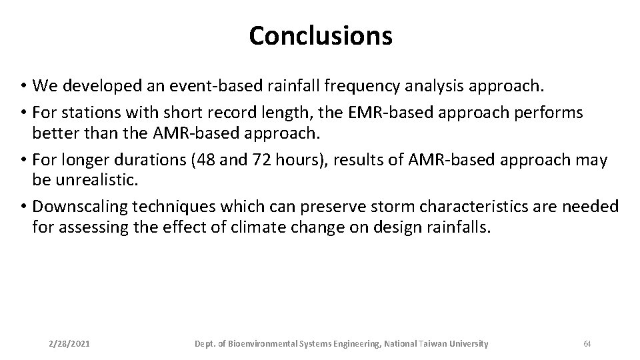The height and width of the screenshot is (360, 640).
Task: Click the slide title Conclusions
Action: point(321,36)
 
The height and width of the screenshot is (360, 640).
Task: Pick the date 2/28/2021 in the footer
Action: point(70,343)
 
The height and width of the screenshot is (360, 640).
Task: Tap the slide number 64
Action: point(587,343)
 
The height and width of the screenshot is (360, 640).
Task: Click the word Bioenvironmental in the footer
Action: point(265,343)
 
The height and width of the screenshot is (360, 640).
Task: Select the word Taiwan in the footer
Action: point(434,343)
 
